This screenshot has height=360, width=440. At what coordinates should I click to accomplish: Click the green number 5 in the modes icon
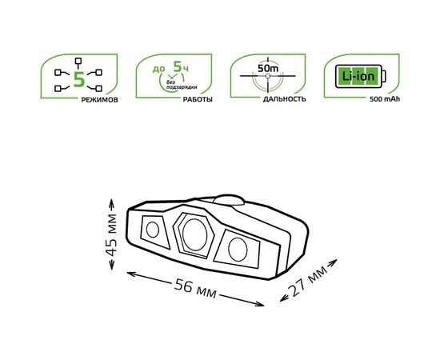coord(78,78)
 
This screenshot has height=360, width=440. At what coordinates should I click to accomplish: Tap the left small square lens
coord(152,230)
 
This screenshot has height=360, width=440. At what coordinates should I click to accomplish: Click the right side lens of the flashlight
coord(238,248)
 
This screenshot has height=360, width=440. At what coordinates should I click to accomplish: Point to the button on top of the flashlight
coord(227,200)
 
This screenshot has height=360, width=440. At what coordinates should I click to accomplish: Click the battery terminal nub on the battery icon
coord(383,78)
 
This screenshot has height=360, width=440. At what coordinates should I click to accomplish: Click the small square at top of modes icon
coord(78,61)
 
